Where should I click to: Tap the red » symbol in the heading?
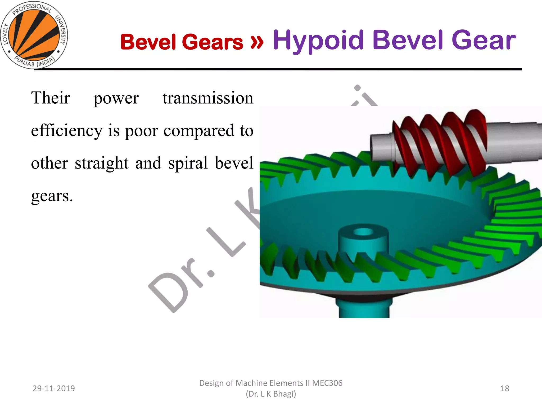[x=257, y=42]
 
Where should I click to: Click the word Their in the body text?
[x=51, y=98]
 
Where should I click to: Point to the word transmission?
[x=208, y=98]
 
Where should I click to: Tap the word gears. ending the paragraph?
[x=52, y=196]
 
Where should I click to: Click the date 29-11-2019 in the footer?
[x=54, y=388]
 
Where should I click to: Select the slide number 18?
[x=505, y=388]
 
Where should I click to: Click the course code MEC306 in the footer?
[x=327, y=383]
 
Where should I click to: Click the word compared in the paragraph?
[x=199, y=130]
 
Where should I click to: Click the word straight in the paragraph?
[x=102, y=163]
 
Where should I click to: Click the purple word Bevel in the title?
[x=408, y=40]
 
